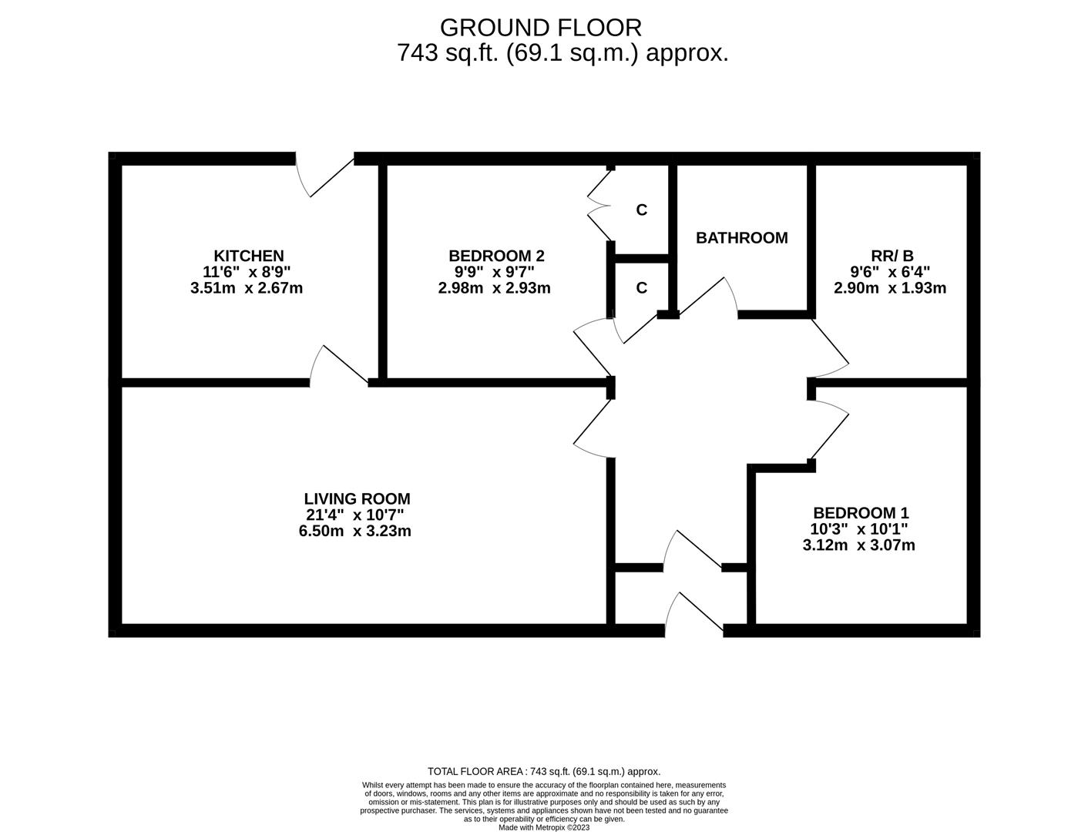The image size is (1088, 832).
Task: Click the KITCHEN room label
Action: [x=248, y=256]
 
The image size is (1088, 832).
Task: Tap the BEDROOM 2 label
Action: [x=496, y=256]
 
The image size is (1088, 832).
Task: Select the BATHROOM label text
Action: [x=741, y=238]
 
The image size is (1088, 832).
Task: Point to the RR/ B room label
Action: [x=892, y=256]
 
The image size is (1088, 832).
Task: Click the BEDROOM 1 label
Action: [x=861, y=513]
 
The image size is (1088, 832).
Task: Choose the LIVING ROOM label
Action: [x=357, y=498]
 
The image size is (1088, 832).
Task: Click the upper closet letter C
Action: [x=641, y=210]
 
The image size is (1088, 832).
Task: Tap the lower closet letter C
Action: [x=641, y=288]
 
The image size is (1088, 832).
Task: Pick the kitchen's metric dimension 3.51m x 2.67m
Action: [x=247, y=288]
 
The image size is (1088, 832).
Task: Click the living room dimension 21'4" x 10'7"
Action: [x=355, y=515]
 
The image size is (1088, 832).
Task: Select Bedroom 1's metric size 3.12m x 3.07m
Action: [x=859, y=545]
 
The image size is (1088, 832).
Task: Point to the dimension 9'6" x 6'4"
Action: [x=890, y=272]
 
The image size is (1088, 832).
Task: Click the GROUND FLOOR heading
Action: [x=541, y=28]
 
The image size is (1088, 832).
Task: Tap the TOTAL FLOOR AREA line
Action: [x=544, y=772]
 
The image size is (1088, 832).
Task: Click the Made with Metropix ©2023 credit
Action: [x=544, y=827]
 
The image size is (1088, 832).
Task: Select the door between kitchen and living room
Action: [x=339, y=366]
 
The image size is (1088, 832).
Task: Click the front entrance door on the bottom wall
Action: [x=694, y=614]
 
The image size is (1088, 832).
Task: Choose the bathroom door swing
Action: [x=708, y=296]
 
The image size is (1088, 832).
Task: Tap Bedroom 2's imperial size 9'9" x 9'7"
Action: [x=494, y=272]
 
